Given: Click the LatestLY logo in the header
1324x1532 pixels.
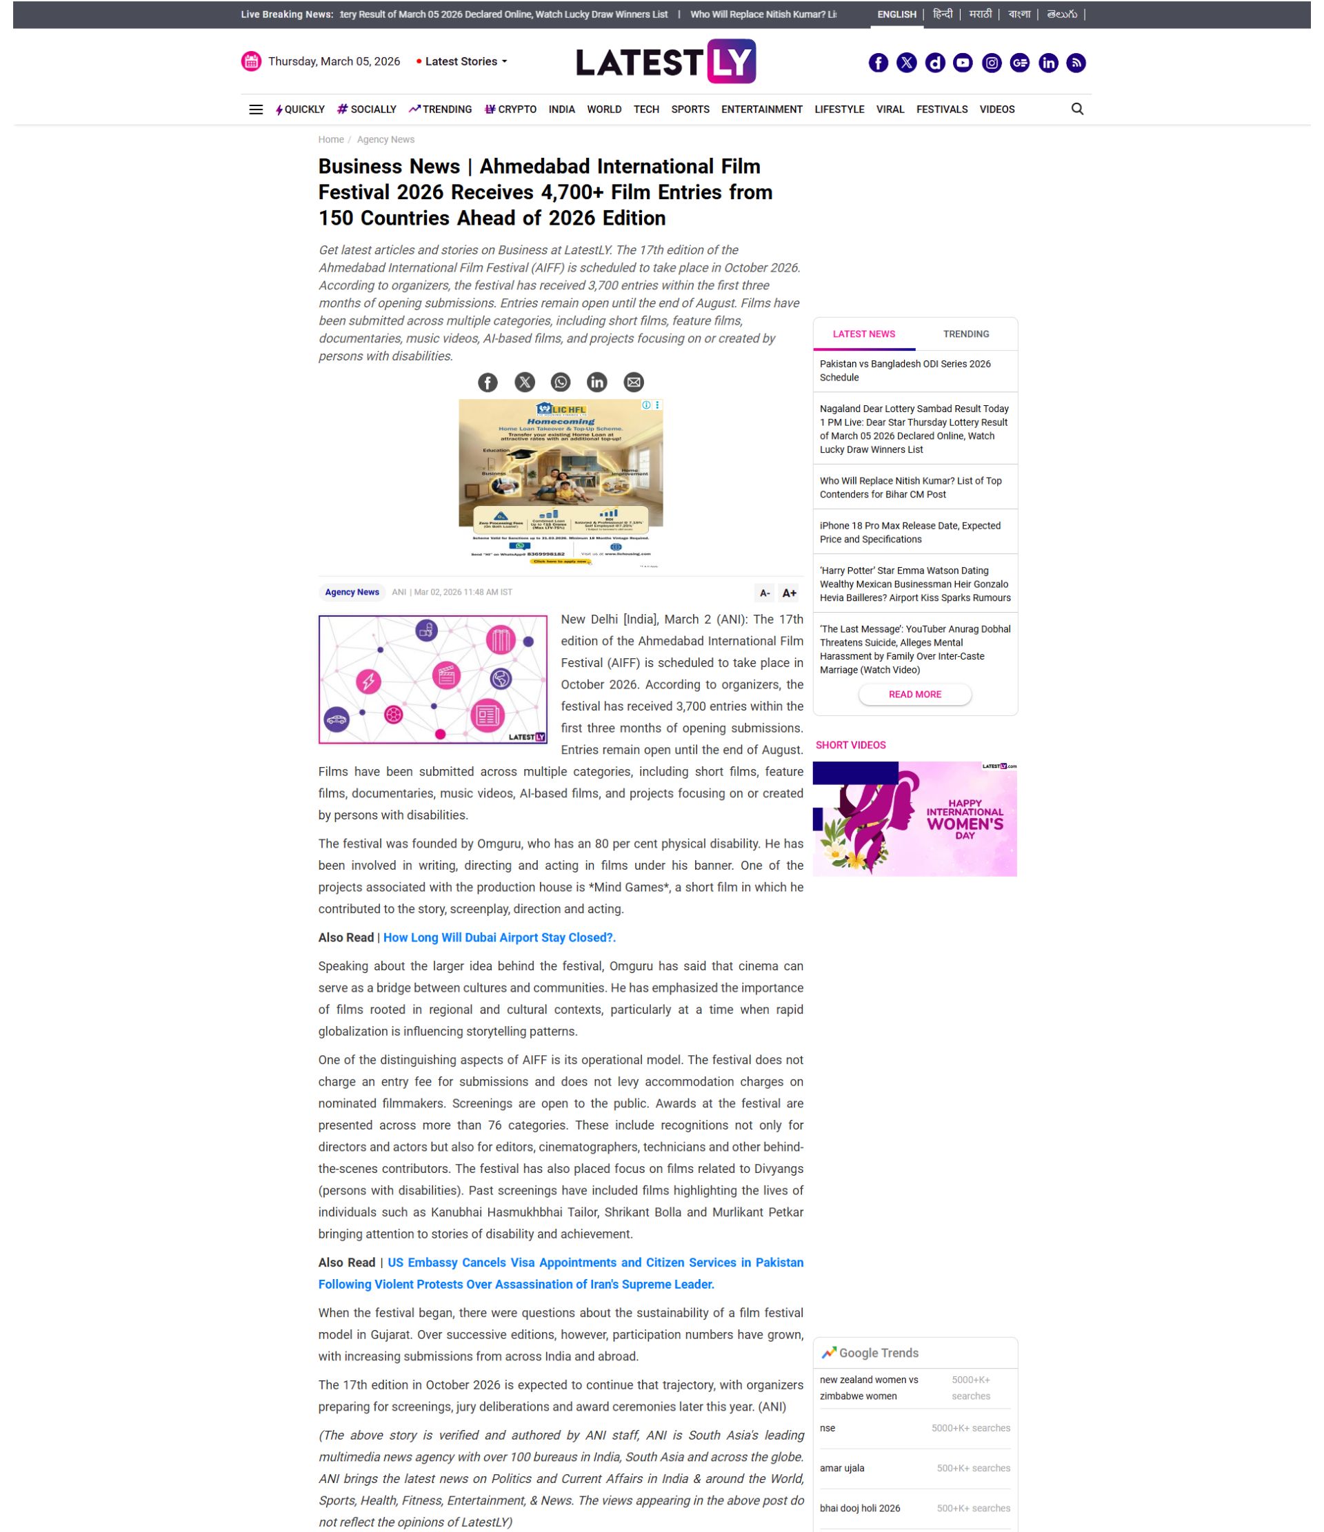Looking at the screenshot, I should [665, 61].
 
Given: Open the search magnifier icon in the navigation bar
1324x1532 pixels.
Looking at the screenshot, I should [1076, 110].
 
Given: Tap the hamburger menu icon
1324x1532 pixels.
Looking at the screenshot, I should [256, 110].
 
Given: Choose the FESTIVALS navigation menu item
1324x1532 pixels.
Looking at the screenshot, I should [941, 110].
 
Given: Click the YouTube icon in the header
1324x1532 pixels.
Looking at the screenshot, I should [962, 63].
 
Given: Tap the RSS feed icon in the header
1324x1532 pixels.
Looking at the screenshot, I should [1076, 63].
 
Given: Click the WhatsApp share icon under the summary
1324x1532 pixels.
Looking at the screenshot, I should [560, 382].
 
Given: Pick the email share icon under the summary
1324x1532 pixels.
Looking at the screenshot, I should [633, 382].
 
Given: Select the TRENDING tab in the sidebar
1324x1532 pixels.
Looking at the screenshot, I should [965, 334].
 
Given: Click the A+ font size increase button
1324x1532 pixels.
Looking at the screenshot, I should [788, 592].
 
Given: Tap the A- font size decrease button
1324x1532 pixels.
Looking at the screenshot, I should [764, 592].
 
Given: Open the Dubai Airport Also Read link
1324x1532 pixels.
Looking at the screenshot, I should [499, 937].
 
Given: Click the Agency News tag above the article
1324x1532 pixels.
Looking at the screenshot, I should [352, 592].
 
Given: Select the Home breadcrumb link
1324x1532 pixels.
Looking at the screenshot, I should [330, 140].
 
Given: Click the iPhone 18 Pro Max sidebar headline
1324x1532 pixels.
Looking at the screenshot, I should [909, 532].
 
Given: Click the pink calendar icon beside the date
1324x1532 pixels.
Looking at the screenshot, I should [252, 61].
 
